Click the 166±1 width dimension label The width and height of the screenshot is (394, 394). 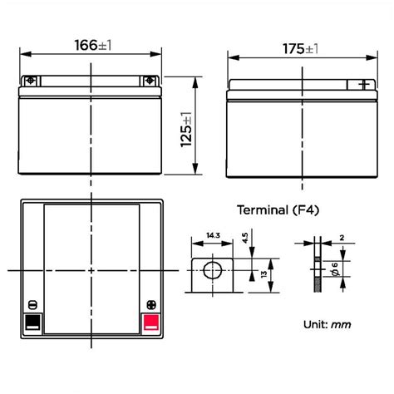point(93,45)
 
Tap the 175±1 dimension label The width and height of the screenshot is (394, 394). point(300,49)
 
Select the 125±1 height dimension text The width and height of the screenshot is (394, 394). point(186,130)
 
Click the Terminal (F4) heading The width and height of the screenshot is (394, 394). point(278,209)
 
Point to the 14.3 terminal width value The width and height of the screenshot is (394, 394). point(213,235)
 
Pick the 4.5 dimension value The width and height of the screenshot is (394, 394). point(245,239)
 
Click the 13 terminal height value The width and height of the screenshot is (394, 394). point(264,274)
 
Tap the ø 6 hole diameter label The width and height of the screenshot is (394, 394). point(335,269)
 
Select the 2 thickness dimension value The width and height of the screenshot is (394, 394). point(342,238)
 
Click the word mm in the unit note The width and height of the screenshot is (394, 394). point(341,324)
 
